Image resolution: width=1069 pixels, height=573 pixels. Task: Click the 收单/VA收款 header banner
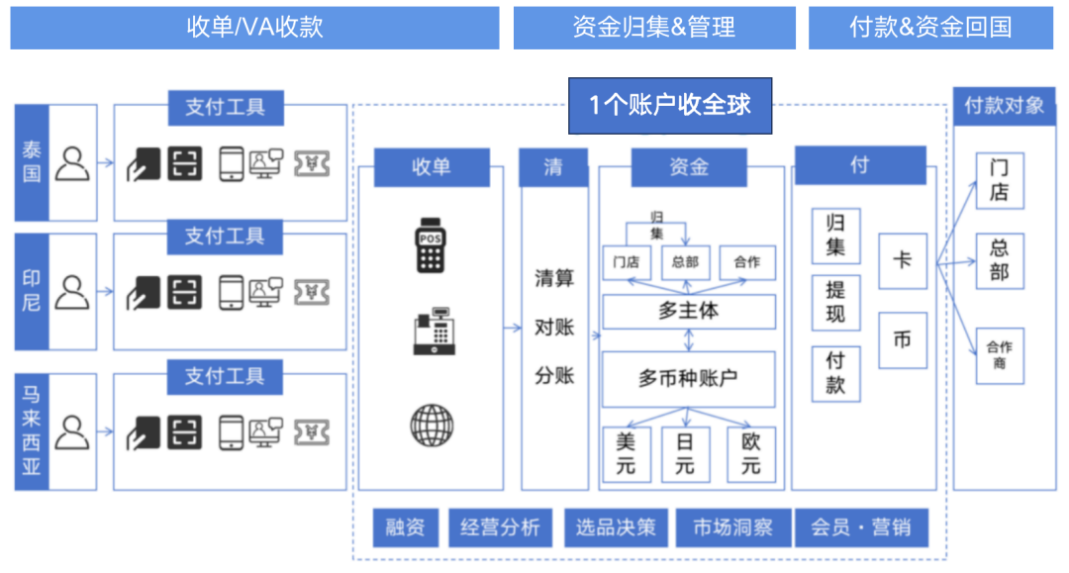point(254,27)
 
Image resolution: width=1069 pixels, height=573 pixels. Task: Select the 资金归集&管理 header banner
point(653,27)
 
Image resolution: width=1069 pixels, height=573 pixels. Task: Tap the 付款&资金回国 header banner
point(930,27)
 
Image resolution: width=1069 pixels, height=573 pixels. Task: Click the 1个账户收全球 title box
point(669,106)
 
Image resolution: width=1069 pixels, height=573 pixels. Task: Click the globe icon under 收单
point(431,426)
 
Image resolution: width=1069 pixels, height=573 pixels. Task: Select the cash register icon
point(433,334)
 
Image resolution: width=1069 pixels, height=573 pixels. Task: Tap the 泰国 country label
point(32,162)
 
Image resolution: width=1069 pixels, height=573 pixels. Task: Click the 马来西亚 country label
point(32,431)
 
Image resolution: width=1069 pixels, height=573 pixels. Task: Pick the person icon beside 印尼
point(72,293)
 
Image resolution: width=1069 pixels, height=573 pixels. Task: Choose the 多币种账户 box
point(688,378)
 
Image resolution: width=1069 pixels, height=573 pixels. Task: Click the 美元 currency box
point(627,454)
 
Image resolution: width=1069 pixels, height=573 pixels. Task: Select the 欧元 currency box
point(751,454)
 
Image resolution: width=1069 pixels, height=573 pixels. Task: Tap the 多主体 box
point(688,311)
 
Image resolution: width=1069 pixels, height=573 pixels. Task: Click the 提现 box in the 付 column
point(835,302)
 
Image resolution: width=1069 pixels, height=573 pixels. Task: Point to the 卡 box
point(902,261)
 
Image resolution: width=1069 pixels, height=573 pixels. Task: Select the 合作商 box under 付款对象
point(999,355)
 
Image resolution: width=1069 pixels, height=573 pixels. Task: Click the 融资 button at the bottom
point(405,527)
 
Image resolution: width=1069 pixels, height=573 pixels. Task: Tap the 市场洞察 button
point(732,527)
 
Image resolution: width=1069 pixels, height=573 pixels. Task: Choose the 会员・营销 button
point(861,527)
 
